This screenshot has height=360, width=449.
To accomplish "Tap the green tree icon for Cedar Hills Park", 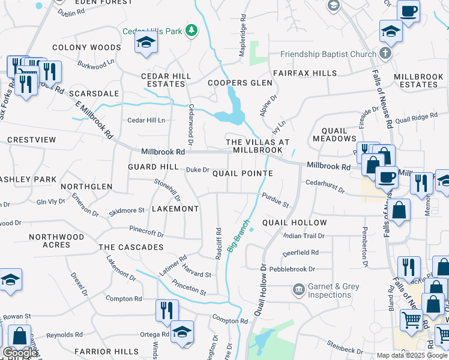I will (x=191, y=31).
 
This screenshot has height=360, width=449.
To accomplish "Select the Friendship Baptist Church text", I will (x=328, y=55).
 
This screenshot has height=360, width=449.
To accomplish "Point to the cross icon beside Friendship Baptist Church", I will (x=385, y=54).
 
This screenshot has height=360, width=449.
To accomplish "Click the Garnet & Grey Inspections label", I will (x=333, y=291).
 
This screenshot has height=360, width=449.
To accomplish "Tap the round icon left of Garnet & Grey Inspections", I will (x=298, y=290).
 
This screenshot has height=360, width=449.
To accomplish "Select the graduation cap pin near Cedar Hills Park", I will (x=145, y=43).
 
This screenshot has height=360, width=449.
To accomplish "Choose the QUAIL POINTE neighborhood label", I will (x=243, y=173).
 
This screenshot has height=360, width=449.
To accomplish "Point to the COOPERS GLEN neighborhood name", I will (x=236, y=83).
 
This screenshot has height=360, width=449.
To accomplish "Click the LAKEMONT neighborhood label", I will (x=175, y=209).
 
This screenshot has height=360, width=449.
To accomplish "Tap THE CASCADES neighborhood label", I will (x=131, y=247).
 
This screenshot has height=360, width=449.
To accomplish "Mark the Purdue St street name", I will (x=276, y=200).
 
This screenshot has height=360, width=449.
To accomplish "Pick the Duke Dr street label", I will (x=197, y=170).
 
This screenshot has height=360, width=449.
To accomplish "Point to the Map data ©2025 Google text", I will (x=411, y=355).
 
